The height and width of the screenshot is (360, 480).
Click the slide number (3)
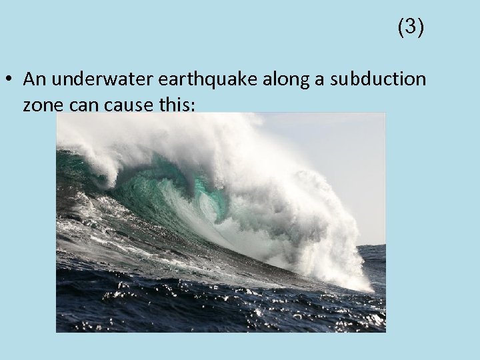click(x=411, y=27)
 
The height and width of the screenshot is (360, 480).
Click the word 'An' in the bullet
click(x=32, y=79)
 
